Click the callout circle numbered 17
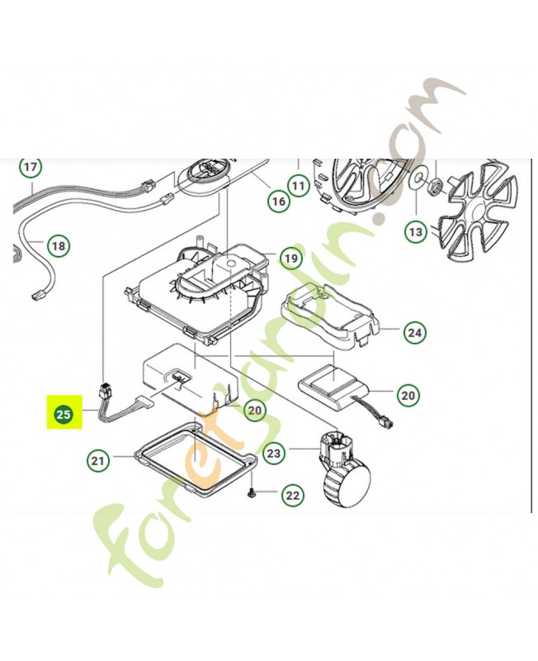31,169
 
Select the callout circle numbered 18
58,245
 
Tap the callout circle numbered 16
277,201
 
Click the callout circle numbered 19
290,259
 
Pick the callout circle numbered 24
414,333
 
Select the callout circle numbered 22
292,496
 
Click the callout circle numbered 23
274,453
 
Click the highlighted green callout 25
64,414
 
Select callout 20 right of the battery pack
408,396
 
